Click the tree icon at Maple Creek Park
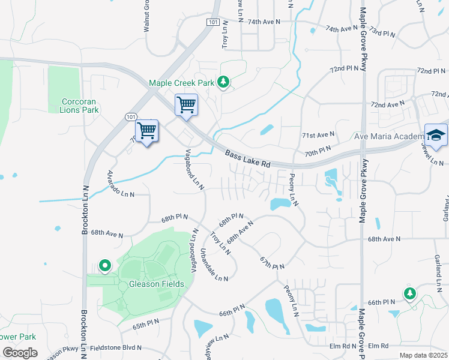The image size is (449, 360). tap(223, 82)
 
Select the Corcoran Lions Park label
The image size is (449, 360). tap(80, 106)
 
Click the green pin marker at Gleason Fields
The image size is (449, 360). tap(105, 265)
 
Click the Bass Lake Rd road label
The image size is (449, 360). tap(249, 159)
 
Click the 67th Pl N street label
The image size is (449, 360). tap(272, 262)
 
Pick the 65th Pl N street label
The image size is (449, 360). tap(146, 323)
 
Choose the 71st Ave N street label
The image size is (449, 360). tap(318, 136)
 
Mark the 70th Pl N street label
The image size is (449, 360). tap(317, 150)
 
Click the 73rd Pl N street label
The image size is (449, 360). tap(382, 32)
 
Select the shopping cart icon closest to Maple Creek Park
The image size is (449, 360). tap(186, 105)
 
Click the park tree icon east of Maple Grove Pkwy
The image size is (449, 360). tap(410, 293)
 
